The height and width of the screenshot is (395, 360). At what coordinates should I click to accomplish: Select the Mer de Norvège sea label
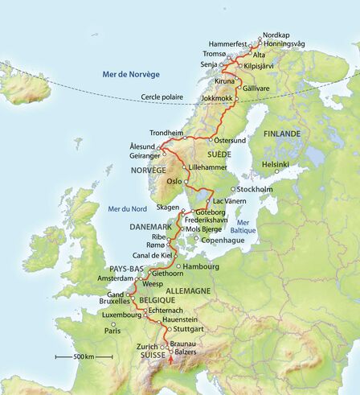pyautogui.click(x=132, y=74)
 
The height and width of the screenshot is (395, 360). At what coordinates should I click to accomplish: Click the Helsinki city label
pyautogui.click(x=269, y=164)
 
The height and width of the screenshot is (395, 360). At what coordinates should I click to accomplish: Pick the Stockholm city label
pyautogui.click(x=256, y=189)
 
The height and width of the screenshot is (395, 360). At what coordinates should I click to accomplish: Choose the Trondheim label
pyautogui.click(x=168, y=133)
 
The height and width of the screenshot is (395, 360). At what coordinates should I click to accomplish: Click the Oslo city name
pyautogui.click(x=175, y=182)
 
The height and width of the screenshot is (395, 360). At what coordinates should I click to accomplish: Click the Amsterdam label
pyautogui.click(x=115, y=277)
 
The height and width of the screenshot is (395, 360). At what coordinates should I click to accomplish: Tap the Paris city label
pyautogui.click(x=111, y=330)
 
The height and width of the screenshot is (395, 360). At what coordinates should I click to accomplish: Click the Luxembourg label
pyautogui.click(x=122, y=315)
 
